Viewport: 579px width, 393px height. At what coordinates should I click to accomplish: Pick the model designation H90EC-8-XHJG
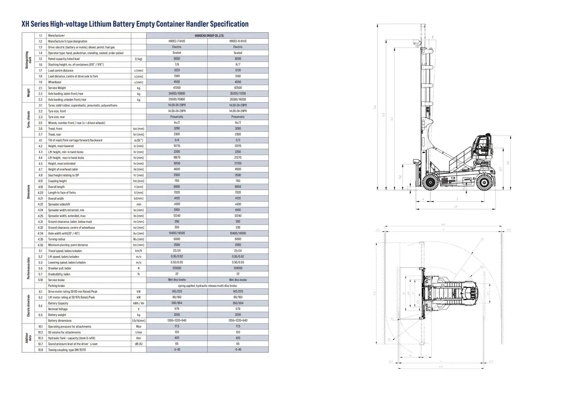coord(238,41)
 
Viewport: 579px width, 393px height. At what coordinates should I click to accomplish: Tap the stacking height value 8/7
coord(238,64)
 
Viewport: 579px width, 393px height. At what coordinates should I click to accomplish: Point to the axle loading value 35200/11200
coord(238,93)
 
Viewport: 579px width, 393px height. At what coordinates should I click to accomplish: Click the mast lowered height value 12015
coord(238,146)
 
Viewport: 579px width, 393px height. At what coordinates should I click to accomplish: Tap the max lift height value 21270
coord(238,157)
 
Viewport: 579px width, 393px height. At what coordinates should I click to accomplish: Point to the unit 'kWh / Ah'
coord(139,303)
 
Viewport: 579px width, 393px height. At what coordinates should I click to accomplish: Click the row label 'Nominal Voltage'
coord(57,309)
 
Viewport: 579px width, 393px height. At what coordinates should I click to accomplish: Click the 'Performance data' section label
coord(28,268)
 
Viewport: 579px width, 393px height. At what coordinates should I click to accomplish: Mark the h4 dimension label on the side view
coord(375,107)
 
